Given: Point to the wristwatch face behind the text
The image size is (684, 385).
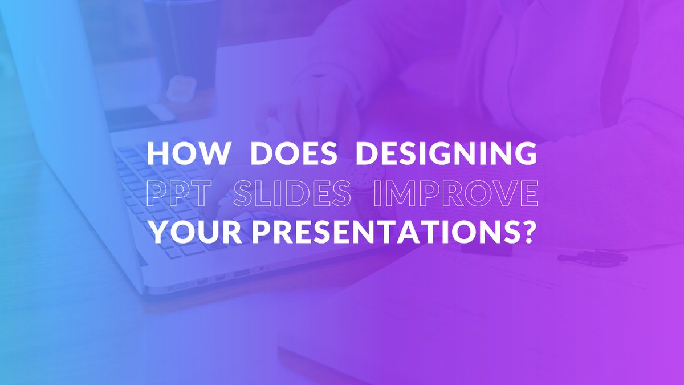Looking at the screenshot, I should pyautogui.click(x=365, y=174).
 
